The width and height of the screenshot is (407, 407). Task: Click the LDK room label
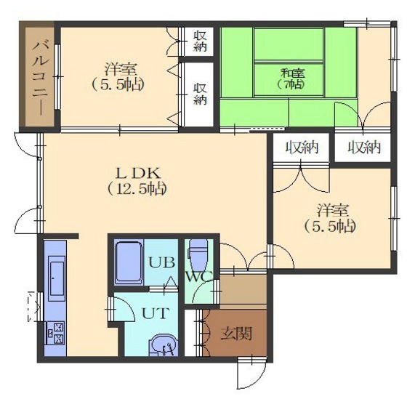[x=138, y=174]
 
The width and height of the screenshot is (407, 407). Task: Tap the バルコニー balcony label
[x=40, y=78]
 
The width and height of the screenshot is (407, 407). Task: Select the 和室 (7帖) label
[x=292, y=78]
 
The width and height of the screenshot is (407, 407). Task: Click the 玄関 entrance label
[x=236, y=334]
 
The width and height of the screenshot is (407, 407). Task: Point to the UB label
[x=161, y=262]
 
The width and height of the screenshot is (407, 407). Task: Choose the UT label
[x=156, y=313]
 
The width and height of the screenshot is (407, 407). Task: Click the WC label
[x=200, y=277]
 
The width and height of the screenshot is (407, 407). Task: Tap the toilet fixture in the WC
[x=199, y=255]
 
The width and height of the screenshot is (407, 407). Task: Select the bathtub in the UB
[x=129, y=263]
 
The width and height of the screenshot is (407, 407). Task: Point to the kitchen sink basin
[x=57, y=278]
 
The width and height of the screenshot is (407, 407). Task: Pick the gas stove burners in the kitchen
[x=55, y=333]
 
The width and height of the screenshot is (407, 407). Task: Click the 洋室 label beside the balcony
[x=121, y=70]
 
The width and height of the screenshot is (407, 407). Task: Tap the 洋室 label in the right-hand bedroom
[x=333, y=210]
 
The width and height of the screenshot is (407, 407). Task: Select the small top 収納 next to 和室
[x=200, y=41]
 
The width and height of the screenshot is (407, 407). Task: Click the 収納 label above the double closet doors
[x=302, y=148]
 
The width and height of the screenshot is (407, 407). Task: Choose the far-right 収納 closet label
[x=364, y=148]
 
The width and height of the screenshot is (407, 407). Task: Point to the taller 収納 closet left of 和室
[x=201, y=94]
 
